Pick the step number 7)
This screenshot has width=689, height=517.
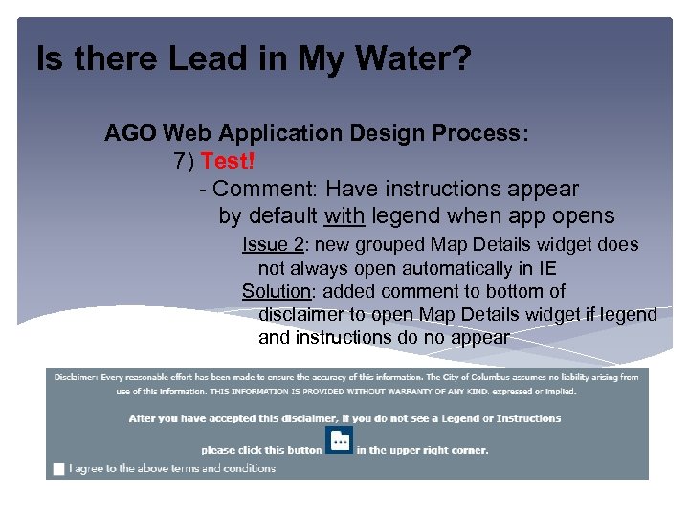[185, 161]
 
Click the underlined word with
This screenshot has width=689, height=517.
[344, 216]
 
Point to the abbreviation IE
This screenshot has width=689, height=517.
[546, 268]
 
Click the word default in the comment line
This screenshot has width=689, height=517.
[282, 216]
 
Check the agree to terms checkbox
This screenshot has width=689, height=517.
[59, 469]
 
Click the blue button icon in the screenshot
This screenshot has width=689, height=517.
[339, 440]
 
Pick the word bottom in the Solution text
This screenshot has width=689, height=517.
[521, 291]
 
